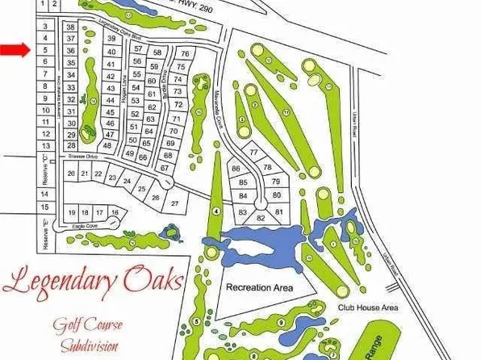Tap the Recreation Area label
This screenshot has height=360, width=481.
point(258,287)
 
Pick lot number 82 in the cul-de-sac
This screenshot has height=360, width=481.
point(259,218)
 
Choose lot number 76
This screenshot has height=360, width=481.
point(186,54)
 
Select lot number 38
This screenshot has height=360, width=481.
point(71,27)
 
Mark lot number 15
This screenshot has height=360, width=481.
point(45,207)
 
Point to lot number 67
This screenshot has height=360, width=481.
point(165,168)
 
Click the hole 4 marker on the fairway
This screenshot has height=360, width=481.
point(215,210)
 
